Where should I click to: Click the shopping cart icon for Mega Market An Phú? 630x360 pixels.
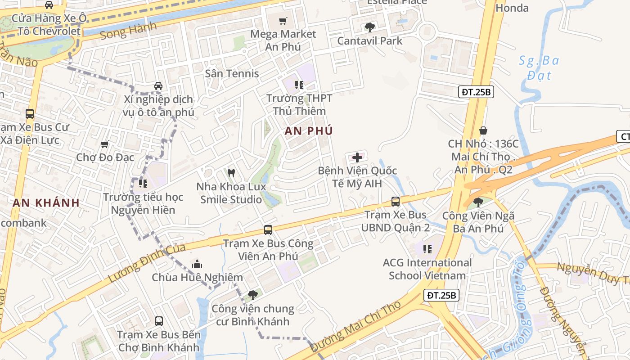click(283, 21)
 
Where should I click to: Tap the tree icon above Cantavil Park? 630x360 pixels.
click(369, 27)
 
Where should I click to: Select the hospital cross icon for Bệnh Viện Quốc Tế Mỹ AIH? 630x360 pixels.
click(357, 157)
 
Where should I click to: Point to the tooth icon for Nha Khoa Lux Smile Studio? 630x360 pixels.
click(231, 173)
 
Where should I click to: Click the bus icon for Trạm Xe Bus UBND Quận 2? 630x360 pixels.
click(395, 201)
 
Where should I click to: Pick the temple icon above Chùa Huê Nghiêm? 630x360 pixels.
click(197, 264)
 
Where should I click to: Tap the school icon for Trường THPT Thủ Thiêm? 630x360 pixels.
click(299, 85)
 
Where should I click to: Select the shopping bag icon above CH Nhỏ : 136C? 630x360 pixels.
click(483, 130)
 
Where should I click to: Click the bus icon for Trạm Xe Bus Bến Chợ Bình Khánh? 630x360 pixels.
click(158, 321)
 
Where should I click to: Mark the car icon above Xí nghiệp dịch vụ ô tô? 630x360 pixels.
click(158, 85)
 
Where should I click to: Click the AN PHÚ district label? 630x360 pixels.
click(309, 131)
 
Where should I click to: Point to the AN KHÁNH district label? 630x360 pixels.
click(46, 203)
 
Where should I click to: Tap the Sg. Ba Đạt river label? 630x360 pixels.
click(539, 67)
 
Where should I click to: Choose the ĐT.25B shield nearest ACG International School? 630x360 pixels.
click(441, 295)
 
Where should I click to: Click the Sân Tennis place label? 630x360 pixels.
click(232, 73)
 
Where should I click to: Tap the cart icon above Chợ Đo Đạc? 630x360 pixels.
click(104, 144)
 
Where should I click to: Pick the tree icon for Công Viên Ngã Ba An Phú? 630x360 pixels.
click(478, 202)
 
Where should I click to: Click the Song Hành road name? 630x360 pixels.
click(128, 31)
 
